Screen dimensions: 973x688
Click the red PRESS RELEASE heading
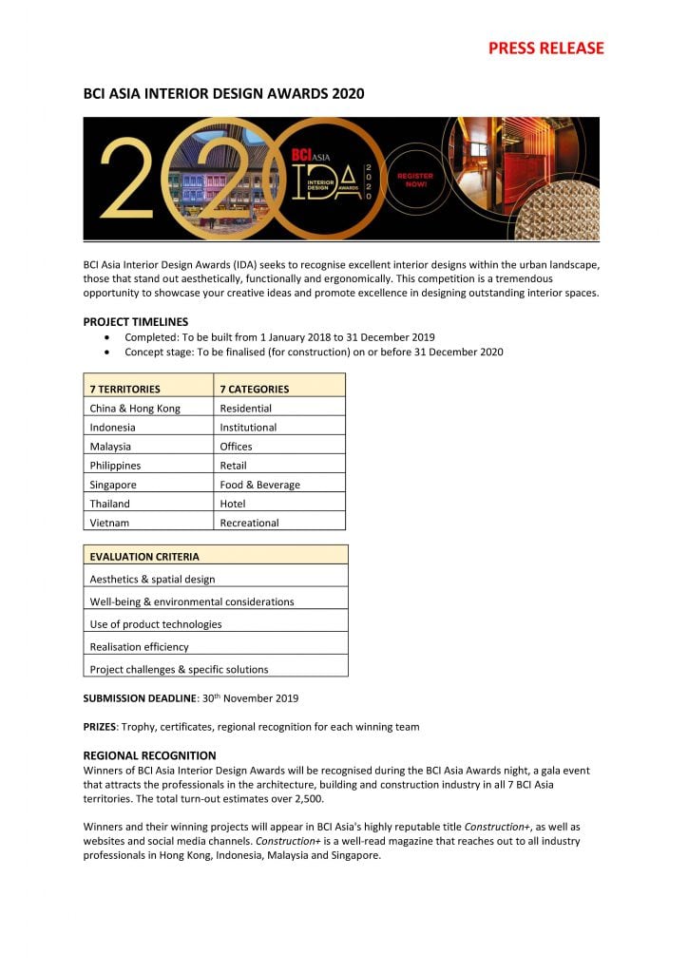coord(545,48)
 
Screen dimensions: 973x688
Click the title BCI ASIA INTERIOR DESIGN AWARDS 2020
coord(223,93)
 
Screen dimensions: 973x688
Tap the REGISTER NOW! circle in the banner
coord(414,180)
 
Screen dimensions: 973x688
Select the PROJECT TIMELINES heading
coord(136,321)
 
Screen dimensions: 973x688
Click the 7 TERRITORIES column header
coord(124,389)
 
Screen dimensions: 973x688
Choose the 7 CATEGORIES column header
coord(254,389)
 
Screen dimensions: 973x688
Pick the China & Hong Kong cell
coord(135,408)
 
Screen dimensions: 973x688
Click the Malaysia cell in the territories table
coord(110,446)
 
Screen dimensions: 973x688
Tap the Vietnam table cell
coord(109,523)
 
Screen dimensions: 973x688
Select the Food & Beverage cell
coord(259,485)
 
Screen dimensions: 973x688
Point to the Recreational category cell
coord(249,523)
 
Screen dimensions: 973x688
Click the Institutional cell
coord(248,427)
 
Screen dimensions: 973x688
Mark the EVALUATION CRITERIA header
coord(144,556)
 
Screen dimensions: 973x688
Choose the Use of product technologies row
coord(156,624)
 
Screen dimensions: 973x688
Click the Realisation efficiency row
coord(139,646)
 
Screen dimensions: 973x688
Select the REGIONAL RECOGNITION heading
coord(150,755)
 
